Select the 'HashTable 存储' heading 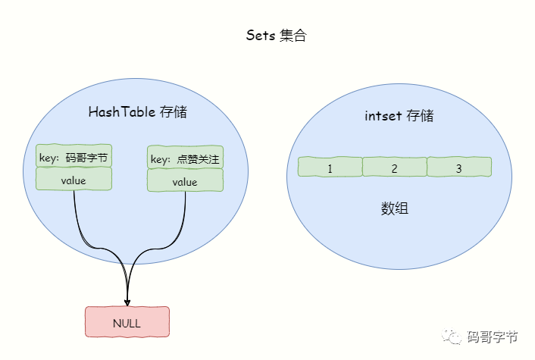pyautogui.click(x=137, y=112)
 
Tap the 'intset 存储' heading pyautogui.click(x=399, y=116)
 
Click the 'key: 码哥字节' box pyautogui.click(x=74, y=158)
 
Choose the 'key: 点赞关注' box pyautogui.click(x=185, y=158)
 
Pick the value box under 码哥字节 pyautogui.click(x=74, y=180)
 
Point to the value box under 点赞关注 pyautogui.click(x=185, y=182)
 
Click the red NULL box pyautogui.click(x=127, y=323)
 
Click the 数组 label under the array pyautogui.click(x=394, y=208)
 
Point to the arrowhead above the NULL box pyautogui.click(x=127, y=301)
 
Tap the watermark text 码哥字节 pyautogui.click(x=493, y=337)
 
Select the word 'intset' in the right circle pyautogui.click(x=383, y=116)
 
